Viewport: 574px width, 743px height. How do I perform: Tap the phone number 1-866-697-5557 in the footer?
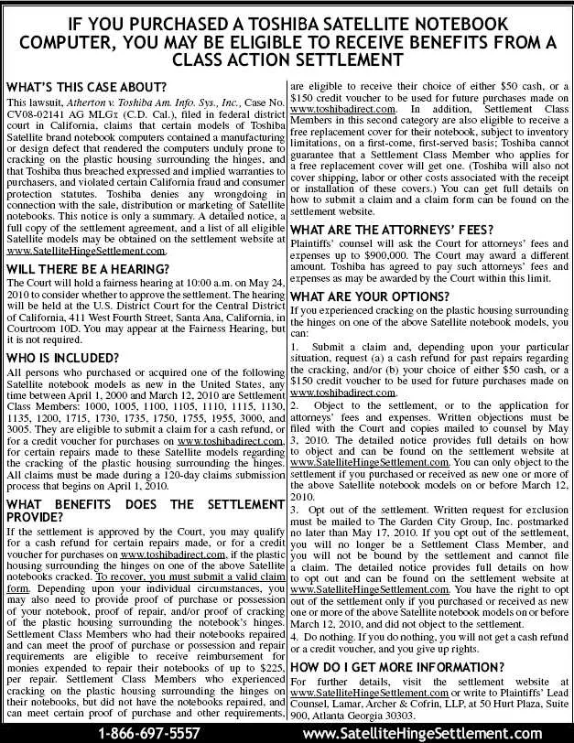click(148, 733)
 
